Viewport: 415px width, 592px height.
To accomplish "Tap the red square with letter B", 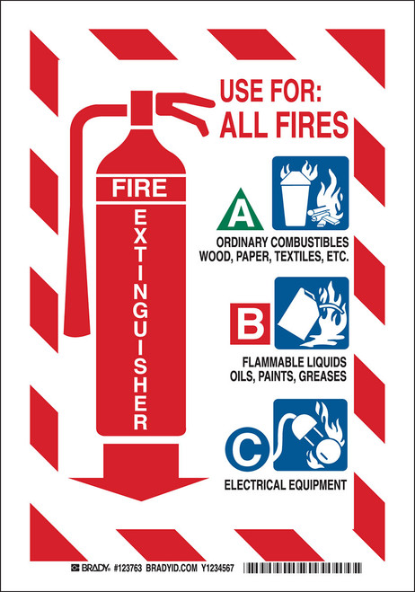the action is pyautogui.click(x=250, y=323).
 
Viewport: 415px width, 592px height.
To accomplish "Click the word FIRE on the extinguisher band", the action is pyautogui.click(x=139, y=188).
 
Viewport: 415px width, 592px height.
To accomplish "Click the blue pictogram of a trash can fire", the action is pyautogui.click(x=311, y=193).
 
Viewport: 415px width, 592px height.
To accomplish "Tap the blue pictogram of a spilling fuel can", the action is pyautogui.click(x=312, y=313).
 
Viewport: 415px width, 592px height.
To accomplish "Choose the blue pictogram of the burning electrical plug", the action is pyautogui.click(x=310, y=435).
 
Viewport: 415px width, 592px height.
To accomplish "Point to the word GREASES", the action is pyautogui.click(x=322, y=376).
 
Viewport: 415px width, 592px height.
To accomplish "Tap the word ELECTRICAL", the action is pyautogui.click(x=253, y=485).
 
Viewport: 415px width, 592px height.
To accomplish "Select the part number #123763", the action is pyautogui.click(x=128, y=568).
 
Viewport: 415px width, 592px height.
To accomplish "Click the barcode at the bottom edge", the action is pyautogui.click(x=303, y=568).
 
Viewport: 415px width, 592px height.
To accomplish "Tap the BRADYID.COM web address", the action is pyautogui.click(x=172, y=568).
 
